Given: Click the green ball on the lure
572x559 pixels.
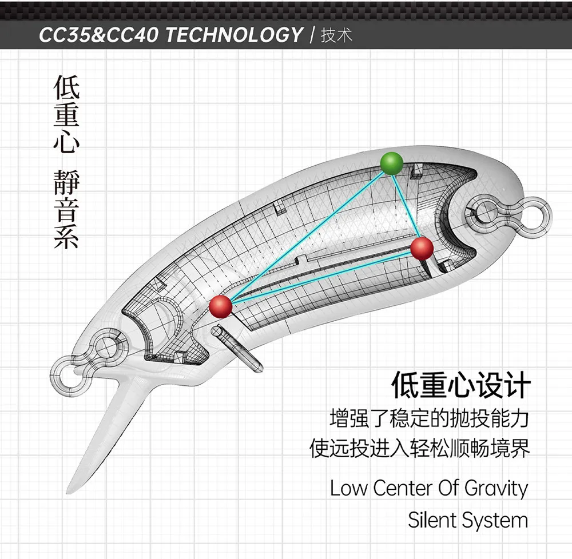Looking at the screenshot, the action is (x=391, y=163).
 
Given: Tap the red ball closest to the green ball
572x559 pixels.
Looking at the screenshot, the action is (x=422, y=248).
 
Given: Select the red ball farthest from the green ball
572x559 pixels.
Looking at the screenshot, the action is (x=221, y=306).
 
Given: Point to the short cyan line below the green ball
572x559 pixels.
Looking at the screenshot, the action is (x=405, y=206).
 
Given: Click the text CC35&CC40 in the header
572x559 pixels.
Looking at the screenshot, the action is (x=99, y=35).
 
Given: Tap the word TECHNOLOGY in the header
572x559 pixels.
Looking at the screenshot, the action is (x=235, y=35).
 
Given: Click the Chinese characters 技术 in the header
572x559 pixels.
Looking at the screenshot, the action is (x=336, y=35).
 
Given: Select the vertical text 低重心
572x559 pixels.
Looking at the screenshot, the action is (x=66, y=114).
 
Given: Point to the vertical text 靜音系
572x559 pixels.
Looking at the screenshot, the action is (x=66, y=209).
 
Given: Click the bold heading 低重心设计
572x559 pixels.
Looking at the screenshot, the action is (x=460, y=385).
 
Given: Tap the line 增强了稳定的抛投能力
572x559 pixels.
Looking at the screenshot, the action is (x=430, y=418).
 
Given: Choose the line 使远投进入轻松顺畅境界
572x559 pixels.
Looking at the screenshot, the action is (x=419, y=448).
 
